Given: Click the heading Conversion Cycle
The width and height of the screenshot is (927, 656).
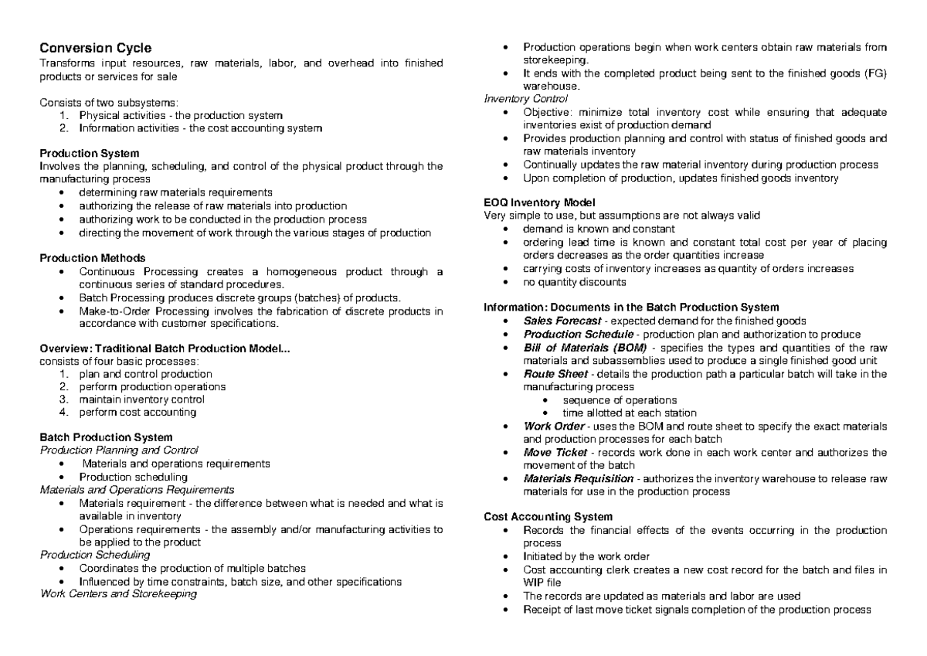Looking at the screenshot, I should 90,47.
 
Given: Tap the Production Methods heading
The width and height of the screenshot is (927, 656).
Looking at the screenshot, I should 93,257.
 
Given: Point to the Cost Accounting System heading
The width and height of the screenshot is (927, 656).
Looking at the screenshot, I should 548,516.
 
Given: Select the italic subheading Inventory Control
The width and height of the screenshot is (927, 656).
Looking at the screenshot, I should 525,99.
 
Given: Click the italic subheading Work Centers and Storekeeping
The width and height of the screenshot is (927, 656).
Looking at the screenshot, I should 117,594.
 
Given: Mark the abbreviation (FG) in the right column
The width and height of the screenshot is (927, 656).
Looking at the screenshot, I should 872,73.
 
